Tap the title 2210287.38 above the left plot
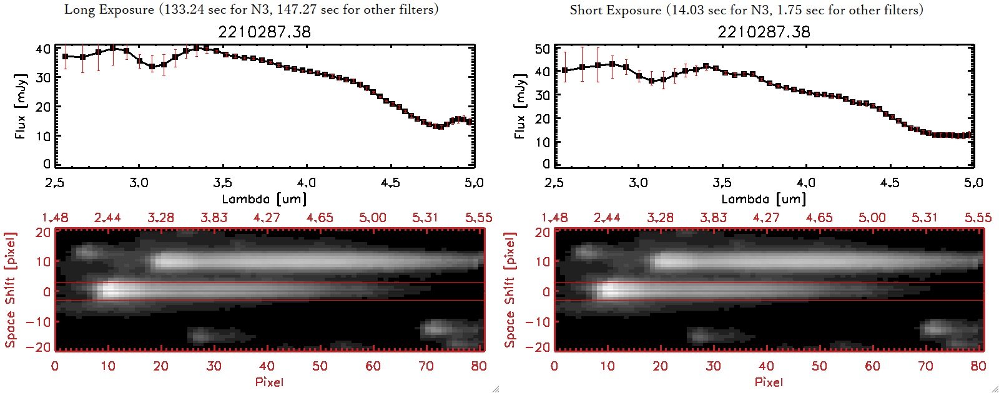(x=264, y=32)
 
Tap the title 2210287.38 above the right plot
(x=764, y=32)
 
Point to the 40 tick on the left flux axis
(x=43, y=49)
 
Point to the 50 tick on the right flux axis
(x=543, y=49)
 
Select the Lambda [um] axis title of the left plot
(x=264, y=199)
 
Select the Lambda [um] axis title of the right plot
(x=764, y=199)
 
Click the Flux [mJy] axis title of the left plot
(x=21, y=106)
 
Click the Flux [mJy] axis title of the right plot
(x=520, y=106)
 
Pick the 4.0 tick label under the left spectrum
(x=307, y=183)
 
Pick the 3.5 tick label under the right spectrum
(x=722, y=183)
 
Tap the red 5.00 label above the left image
(x=372, y=218)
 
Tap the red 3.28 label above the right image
(x=660, y=218)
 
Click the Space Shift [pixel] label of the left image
(x=10, y=290)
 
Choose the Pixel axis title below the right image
(x=769, y=382)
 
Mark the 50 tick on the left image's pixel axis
(x=320, y=366)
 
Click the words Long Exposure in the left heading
(x=109, y=9)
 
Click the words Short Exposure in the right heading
(x=615, y=10)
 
